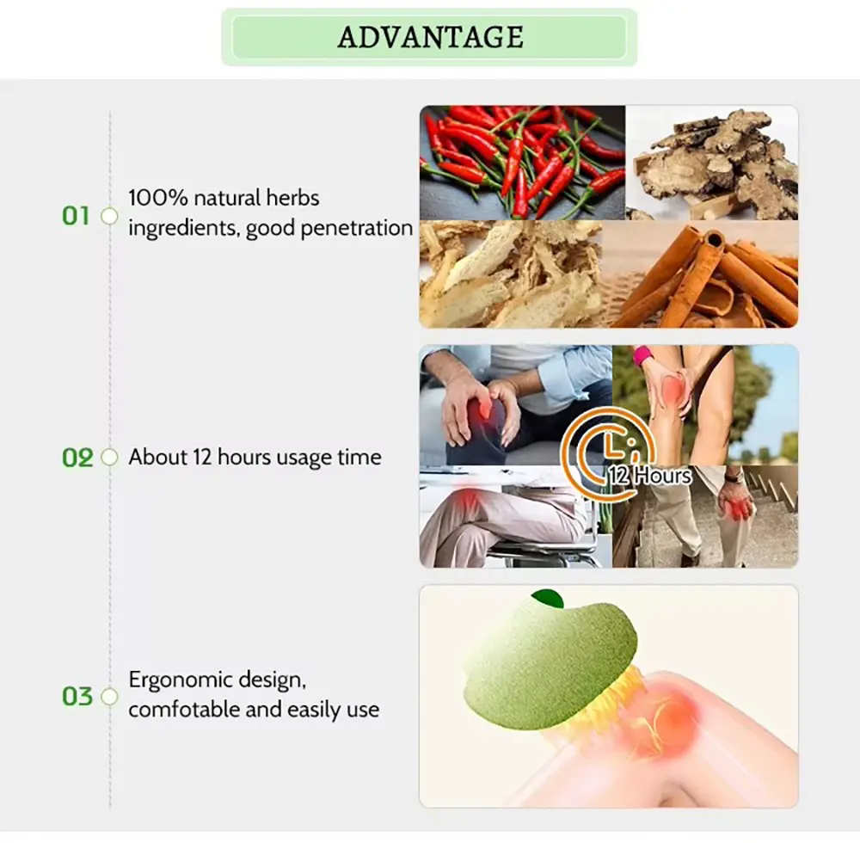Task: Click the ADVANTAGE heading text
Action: point(430,37)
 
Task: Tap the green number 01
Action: point(76,216)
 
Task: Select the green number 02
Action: point(77,458)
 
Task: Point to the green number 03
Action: point(77,697)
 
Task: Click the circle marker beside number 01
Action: point(110,216)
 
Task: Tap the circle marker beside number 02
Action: point(110,458)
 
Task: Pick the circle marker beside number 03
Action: point(110,697)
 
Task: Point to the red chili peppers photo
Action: point(522,163)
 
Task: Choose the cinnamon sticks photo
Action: point(700,274)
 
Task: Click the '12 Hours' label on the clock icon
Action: point(650,476)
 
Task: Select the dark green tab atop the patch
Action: point(548,598)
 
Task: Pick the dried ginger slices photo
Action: point(712,163)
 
